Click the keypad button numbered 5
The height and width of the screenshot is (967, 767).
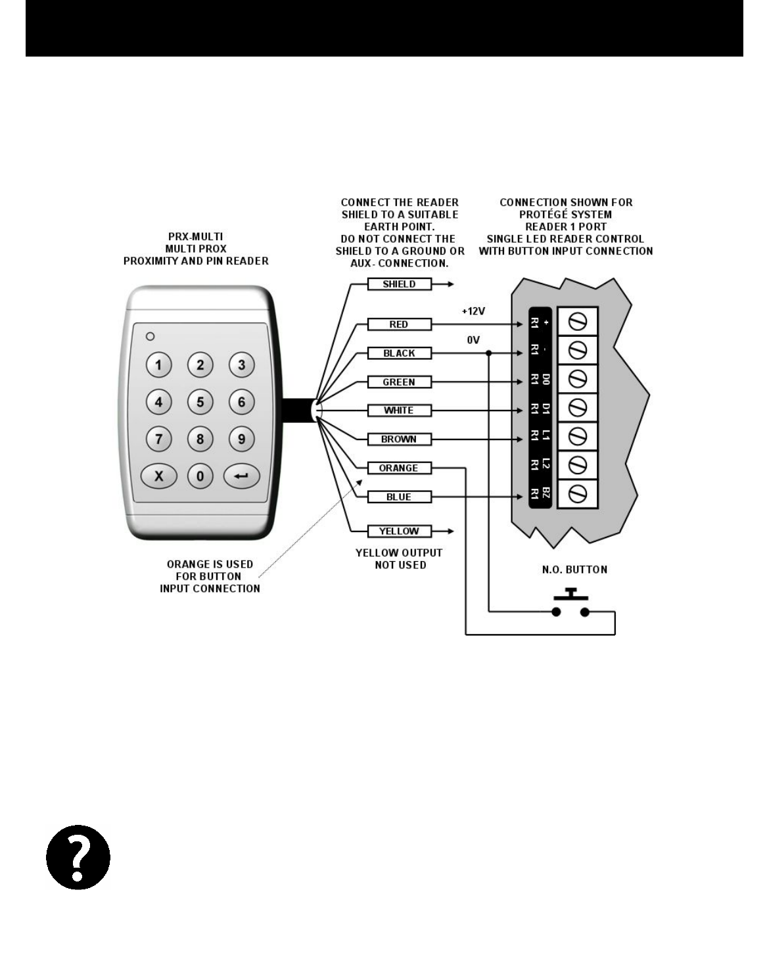pos(200,401)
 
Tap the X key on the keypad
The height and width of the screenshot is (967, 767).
pos(158,476)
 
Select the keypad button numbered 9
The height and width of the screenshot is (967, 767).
pos(242,438)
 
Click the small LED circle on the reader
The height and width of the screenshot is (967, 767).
pos(150,336)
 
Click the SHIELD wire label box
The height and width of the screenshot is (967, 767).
pos(399,284)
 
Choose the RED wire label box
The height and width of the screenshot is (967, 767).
pos(399,324)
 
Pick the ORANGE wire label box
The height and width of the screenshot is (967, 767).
pos(399,468)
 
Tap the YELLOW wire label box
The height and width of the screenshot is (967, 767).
pos(399,531)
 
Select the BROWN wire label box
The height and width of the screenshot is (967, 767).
pos(399,439)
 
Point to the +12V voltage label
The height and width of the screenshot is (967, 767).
pos(473,310)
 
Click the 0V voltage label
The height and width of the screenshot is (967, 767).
pos(473,340)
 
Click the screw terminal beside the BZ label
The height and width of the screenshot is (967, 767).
pos(578,493)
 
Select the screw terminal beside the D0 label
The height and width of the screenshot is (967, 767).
pos(578,380)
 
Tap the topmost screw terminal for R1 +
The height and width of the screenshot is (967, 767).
pos(578,322)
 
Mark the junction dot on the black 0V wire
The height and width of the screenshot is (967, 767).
pos(488,353)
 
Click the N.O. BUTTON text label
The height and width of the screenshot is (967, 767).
pos(574,570)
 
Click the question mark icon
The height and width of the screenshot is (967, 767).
pos(78,857)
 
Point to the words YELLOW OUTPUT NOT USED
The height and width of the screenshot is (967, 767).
pos(399,558)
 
